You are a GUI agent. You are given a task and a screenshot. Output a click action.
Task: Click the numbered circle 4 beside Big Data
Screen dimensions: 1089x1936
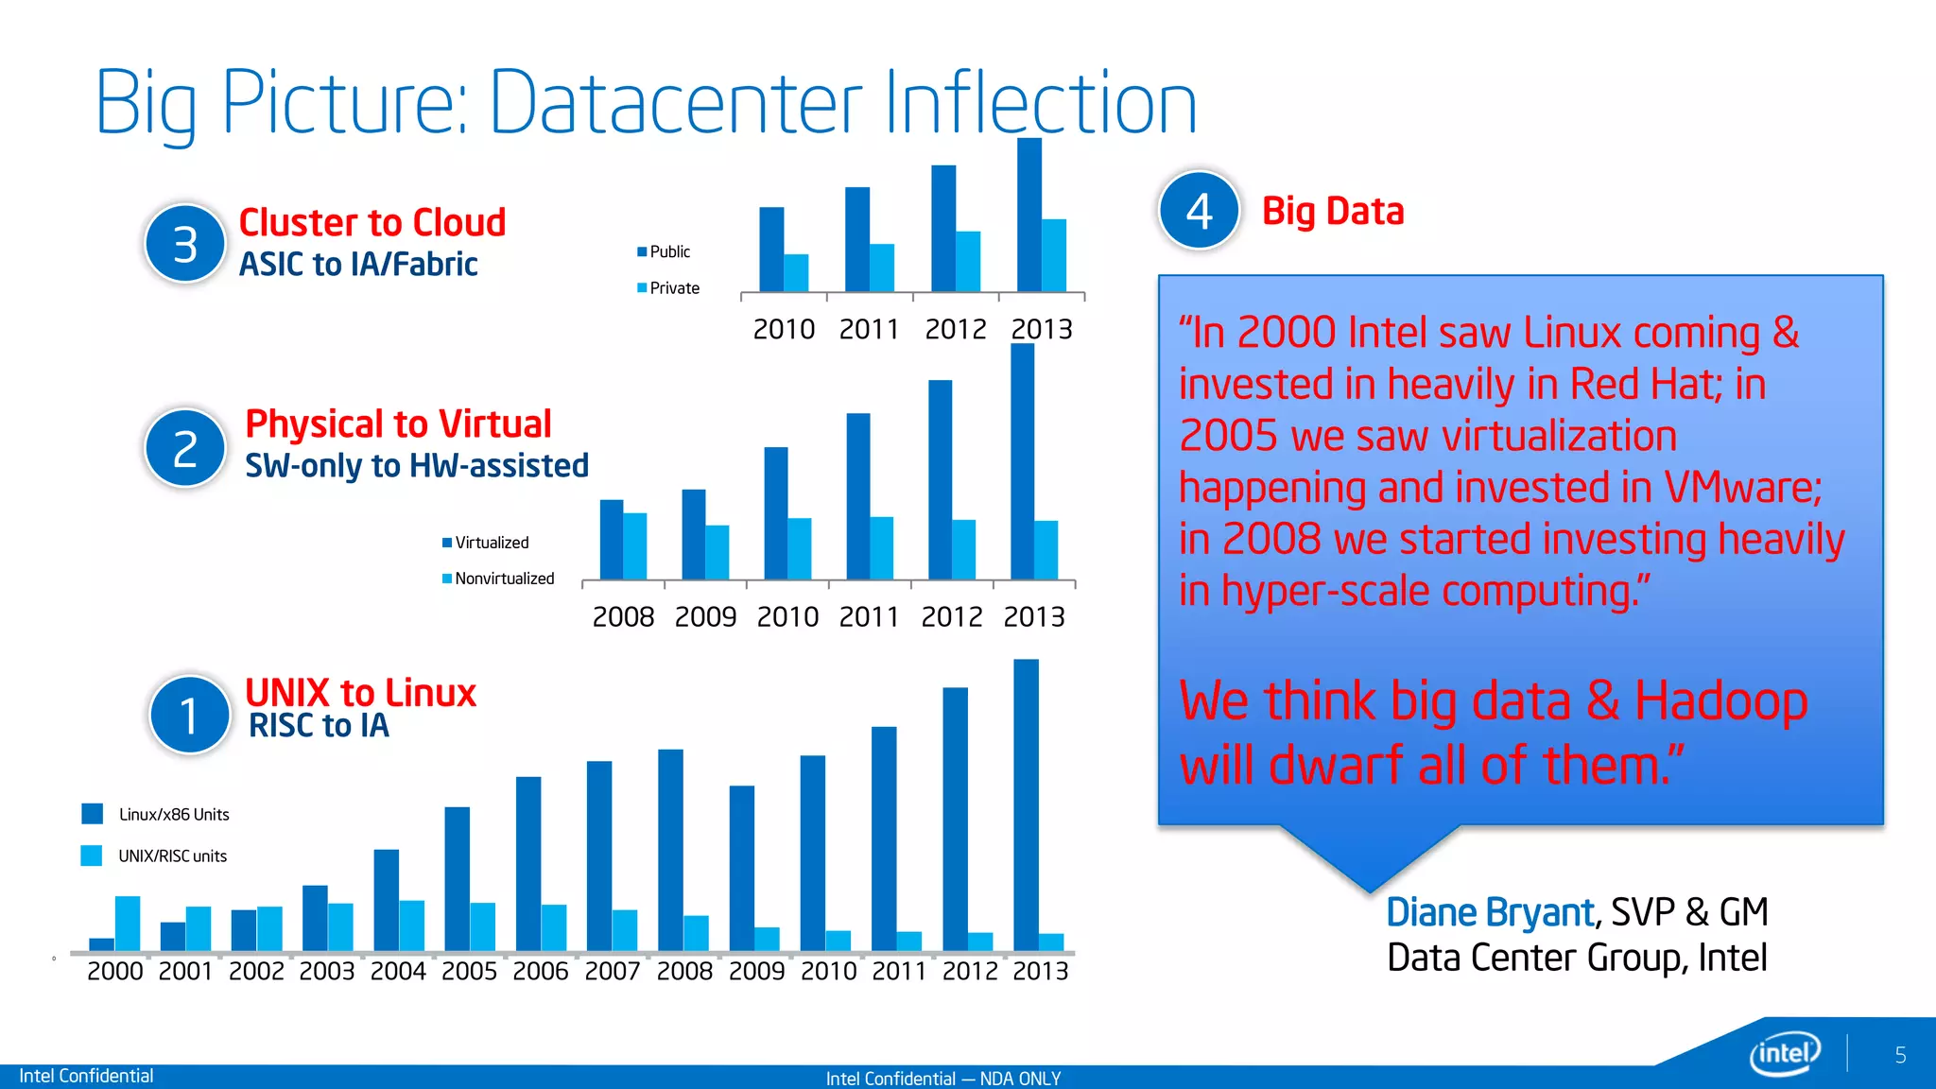pyautogui.click(x=1199, y=210)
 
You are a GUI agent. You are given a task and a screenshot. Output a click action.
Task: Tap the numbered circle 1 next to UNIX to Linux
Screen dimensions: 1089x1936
pyautogui.click(x=189, y=715)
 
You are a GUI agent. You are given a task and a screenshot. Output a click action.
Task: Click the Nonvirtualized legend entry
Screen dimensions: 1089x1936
pyautogui.click(x=498, y=579)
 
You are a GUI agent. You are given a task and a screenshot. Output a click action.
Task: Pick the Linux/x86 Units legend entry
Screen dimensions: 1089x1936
pyautogui.click(x=156, y=814)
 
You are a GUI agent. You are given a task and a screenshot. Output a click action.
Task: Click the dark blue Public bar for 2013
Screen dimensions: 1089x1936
pyautogui.click(x=1028, y=216)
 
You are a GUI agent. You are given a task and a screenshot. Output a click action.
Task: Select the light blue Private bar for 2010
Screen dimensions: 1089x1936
pyautogui.click(x=796, y=272)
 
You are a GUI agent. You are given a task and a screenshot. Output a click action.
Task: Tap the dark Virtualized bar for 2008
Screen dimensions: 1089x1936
pyautogui.click(x=612, y=539)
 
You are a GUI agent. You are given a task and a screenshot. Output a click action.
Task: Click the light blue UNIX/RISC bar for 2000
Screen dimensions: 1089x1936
pyautogui.click(x=128, y=923)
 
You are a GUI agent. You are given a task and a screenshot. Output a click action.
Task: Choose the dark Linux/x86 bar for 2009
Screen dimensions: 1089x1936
pyautogui.click(x=742, y=868)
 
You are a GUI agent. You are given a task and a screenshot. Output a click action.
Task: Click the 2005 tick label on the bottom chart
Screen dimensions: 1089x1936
pyautogui.click(x=469, y=971)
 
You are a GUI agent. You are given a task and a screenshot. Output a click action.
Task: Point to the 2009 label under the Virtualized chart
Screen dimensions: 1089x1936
pyautogui.click(x=705, y=616)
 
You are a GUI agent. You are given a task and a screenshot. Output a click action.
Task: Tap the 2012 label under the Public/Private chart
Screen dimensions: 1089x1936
pyautogui.click(x=955, y=329)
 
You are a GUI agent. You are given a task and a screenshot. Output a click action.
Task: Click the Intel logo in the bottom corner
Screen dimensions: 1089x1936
pyautogui.click(x=1785, y=1053)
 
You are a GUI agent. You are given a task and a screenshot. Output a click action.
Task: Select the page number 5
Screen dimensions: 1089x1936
pyautogui.click(x=1900, y=1055)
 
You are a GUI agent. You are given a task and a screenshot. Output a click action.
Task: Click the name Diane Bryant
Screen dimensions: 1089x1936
pyautogui.click(x=1490, y=912)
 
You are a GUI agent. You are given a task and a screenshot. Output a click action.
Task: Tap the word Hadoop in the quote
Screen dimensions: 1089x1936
pyautogui.click(x=1720, y=701)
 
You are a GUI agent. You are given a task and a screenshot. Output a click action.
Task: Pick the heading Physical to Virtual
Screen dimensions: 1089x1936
pyautogui.click(x=398, y=423)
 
